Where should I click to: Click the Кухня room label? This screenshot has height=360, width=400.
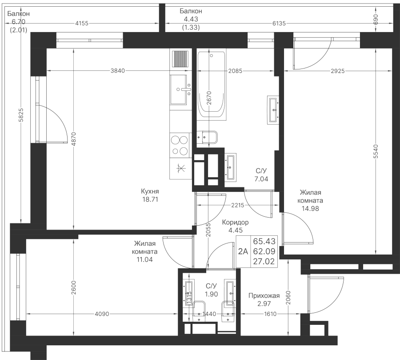click(x=149, y=191)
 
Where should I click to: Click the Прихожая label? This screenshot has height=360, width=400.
click(x=264, y=295)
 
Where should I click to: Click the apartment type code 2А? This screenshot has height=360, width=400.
click(x=243, y=251)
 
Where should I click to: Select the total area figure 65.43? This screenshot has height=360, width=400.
click(x=264, y=241)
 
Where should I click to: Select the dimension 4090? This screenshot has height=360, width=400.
click(x=103, y=314)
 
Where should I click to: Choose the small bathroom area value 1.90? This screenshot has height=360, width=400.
click(x=211, y=294)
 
